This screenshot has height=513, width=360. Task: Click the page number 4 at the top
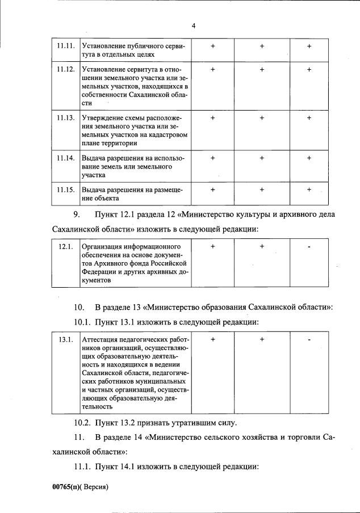pyautogui.click(x=194, y=26)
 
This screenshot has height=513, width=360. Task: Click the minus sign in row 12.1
pyautogui.click(x=309, y=247)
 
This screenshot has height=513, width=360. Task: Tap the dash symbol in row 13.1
pyautogui.click(x=309, y=339)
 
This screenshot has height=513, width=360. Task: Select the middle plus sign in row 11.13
pyautogui.click(x=262, y=117)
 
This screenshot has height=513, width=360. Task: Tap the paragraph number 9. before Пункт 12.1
pyautogui.click(x=77, y=214)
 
